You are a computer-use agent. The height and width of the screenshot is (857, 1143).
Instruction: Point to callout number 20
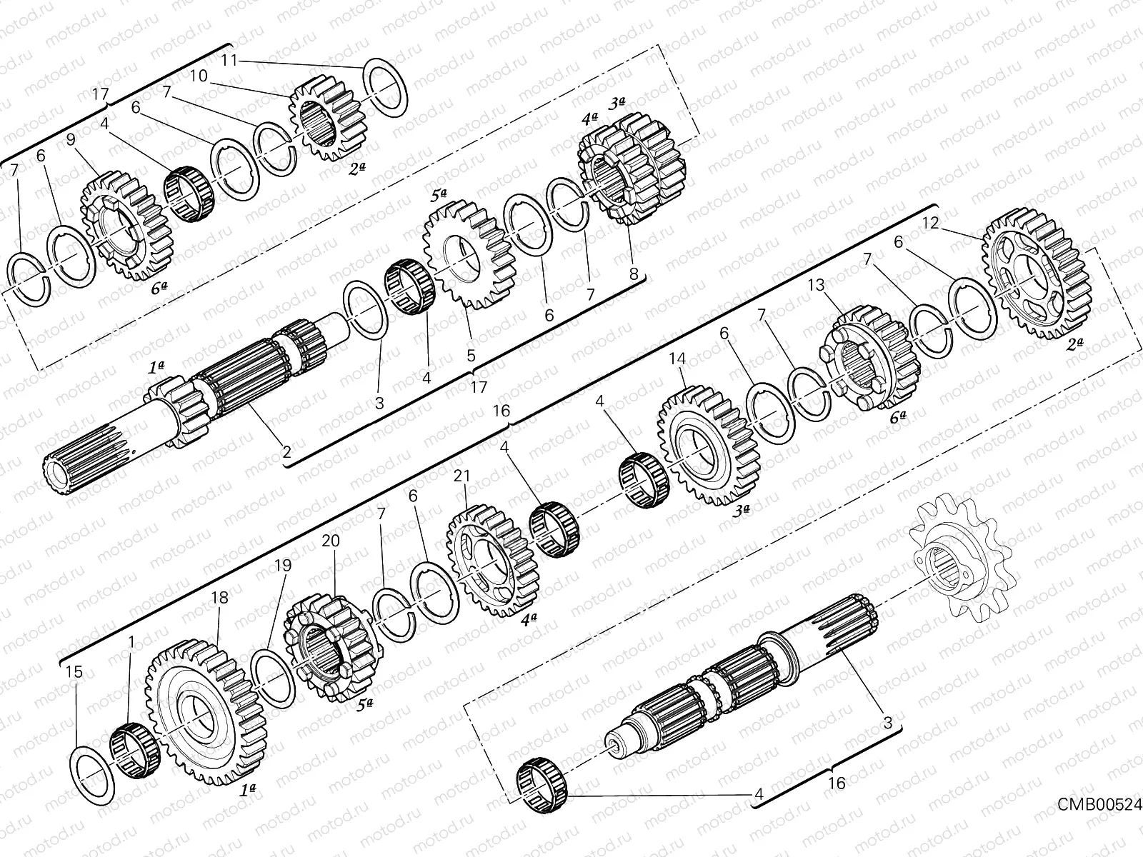330,542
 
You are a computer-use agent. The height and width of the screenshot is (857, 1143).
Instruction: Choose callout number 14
677,360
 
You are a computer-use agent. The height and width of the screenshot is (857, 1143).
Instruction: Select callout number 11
229,60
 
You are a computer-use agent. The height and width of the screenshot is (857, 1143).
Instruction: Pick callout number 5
471,354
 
